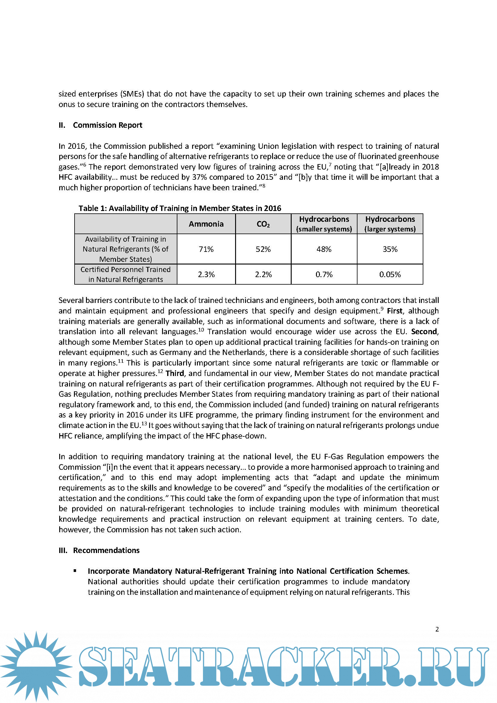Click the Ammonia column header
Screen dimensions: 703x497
point(206,224)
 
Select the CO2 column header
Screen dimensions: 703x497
point(263,224)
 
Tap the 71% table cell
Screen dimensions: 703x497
point(206,249)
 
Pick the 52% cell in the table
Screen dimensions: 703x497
point(263,249)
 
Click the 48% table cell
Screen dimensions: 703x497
point(324,249)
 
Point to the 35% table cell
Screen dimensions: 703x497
point(390,249)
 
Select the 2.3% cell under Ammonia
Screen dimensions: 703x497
point(206,274)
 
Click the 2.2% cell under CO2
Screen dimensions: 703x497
point(263,274)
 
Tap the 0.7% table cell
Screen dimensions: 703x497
point(324,274)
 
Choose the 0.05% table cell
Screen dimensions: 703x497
point(390,274)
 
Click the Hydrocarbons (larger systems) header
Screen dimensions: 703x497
point(390,224)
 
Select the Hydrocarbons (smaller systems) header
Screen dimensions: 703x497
point(324,224)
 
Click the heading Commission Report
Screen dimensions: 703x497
point(107,125)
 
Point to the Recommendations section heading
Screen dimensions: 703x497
point(106,550)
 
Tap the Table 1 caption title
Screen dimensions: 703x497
point(180,208)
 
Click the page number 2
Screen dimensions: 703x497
point(437,629)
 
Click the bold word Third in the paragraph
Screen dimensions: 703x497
point(175,373)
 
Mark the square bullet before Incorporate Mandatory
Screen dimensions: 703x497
point(75,571)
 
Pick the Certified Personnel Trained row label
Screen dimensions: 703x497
point(126,274)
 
